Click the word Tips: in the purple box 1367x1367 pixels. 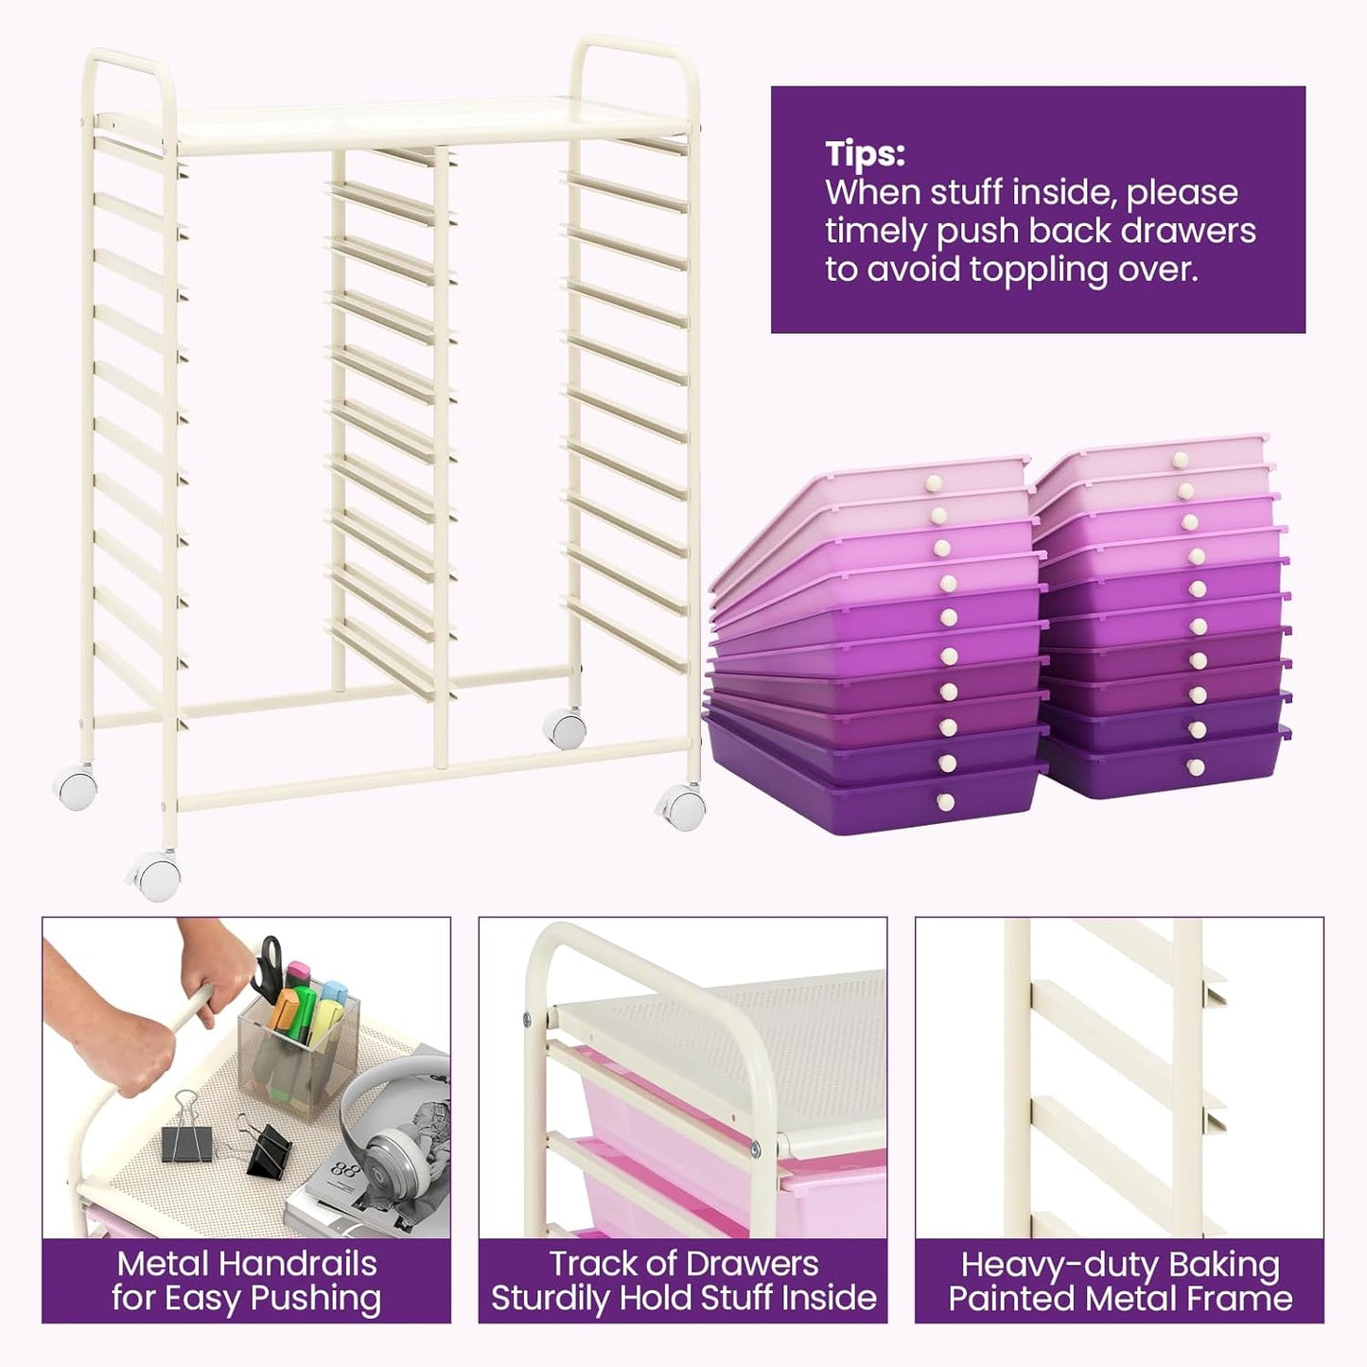(x=865, y=153)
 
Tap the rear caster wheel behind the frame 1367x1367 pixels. (x=565, y=727)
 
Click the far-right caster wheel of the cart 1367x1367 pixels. (x=682, y=806)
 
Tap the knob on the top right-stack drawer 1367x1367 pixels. (x=1180, y=460)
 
